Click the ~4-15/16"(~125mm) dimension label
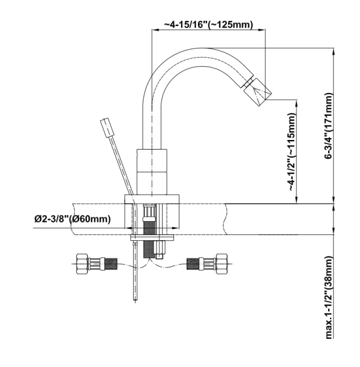coord(208,25)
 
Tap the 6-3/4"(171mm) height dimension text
coord(329,126)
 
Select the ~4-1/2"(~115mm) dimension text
coord(291,153)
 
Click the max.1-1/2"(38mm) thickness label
coord(329,297)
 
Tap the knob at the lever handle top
coord(106,128)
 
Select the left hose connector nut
coord(83,262)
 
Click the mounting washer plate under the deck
coord(152,240)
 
